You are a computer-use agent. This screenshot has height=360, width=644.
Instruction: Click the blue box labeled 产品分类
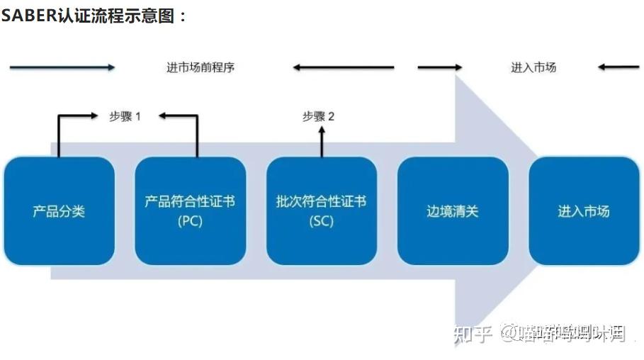point(60,210)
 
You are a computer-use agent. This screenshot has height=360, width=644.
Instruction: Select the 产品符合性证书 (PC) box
point(190,210)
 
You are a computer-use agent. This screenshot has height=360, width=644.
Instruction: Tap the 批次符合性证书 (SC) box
point(321,210)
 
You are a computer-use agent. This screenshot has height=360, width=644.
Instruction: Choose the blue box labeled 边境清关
point(453,210)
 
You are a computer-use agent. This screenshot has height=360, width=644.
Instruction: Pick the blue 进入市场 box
point(584,210)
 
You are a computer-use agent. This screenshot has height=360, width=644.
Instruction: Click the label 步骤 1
point(125,116)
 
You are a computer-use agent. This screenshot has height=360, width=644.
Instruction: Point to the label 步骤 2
point(318,116)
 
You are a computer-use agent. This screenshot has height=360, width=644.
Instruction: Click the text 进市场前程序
point(200,68)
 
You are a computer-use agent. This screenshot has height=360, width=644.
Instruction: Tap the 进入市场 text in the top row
point(533,67)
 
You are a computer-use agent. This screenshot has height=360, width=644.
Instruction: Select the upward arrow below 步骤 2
point(321,142)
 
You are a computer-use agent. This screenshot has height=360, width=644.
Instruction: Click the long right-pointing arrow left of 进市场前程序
point(62,67)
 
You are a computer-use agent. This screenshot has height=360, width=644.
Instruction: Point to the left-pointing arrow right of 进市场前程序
point(344,67)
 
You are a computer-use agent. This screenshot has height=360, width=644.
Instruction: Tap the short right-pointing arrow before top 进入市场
point(439,67)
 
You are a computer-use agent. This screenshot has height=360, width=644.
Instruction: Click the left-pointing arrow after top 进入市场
point(618,67)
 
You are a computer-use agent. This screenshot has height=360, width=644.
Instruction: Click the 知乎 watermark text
point(473,332)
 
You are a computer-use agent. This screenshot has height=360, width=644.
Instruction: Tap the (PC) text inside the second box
point(190,220)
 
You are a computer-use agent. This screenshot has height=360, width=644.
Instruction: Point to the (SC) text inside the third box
point(321,220)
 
